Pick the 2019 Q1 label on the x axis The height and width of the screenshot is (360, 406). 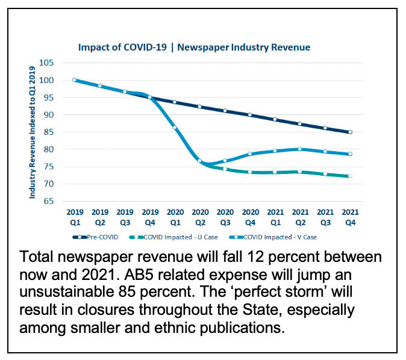tap(75, 217)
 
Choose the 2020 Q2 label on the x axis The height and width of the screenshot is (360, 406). tap(200, 217)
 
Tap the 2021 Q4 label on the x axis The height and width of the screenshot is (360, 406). tap(350, 217)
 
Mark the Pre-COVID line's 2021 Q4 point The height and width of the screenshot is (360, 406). tap(350, 132)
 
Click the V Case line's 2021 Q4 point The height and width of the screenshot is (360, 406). tap(350, 154)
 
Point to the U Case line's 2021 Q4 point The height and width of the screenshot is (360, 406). tap(350, 176)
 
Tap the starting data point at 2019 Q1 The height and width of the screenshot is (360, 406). tap(75, 80)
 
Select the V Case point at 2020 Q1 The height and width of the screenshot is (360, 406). tap(175, 127)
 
